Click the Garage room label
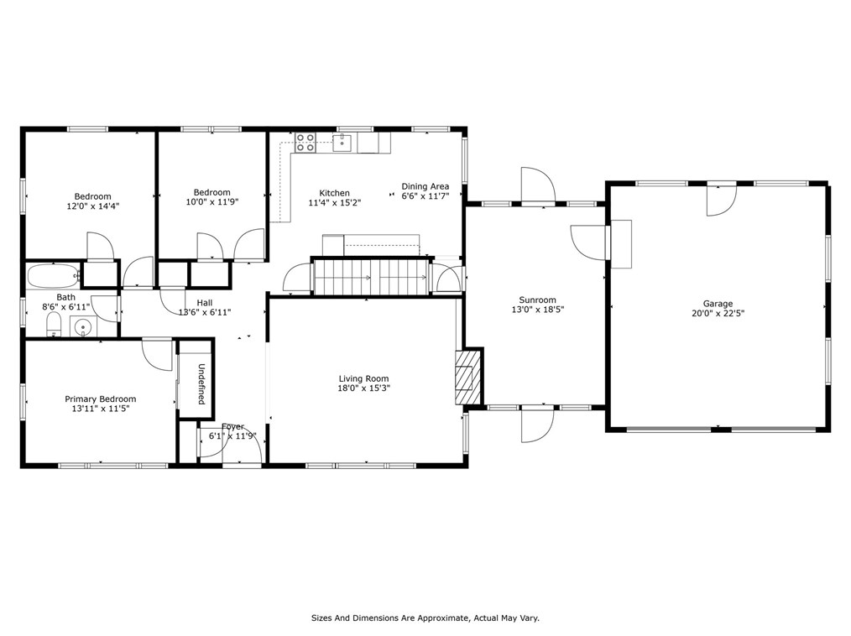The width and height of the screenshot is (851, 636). pyautogui.click(x=718, y=304)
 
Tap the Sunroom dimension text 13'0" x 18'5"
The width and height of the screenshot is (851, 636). pyautogui.click(x=537, y=310)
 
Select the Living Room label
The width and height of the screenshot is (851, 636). pyautogui.click(x=363, y=378)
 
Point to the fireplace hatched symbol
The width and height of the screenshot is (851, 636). pyautogui.click(x=467, y=377)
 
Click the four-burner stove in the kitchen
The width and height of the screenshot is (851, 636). pyautogui.click(x=305, y=142)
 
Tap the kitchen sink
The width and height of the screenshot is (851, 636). pyautogui.click(x=343, y=143)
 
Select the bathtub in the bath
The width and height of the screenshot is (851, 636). pyautogui.click(x=53, y=276)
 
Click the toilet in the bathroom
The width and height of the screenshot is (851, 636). pyautogui.click(x=53, y=325)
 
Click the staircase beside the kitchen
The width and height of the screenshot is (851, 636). pyautogui.click(x=371, y=277)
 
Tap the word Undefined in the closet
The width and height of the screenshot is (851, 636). pyautogui.click(x=201, y=384)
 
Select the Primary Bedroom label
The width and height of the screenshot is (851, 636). pyautogui.click(x=101, y=399)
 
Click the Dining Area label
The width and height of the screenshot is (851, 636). pyautogui.click(x=425, y=186)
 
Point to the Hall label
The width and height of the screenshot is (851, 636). pyautogui.click(x=205, y=303)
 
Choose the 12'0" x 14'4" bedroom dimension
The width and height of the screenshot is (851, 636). pyautogui.click(x=93, y=206)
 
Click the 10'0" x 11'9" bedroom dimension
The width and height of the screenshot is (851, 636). pyautogui.click(x=212, y=202)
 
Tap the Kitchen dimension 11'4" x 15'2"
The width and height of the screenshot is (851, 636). pyautogui.click(x=335, y=202)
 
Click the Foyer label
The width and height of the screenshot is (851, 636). pyautogui.click(x=232, y=426)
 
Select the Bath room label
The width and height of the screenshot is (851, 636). pyautogui.click(x=66, y=297)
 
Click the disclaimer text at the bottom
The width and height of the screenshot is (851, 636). pyautogui.click(x=425, y=618)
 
